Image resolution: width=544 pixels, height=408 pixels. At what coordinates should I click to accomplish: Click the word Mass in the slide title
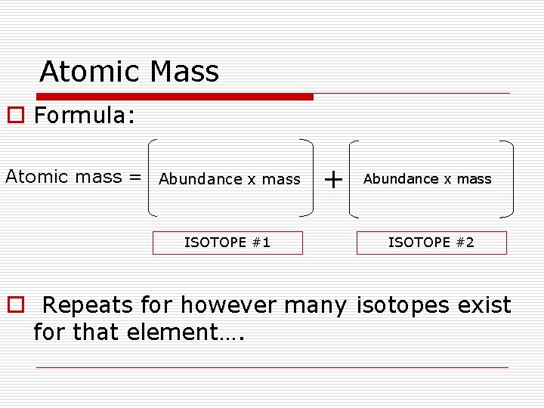click(184, 72)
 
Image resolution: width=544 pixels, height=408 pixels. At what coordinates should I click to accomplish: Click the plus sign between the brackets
click(332, 179)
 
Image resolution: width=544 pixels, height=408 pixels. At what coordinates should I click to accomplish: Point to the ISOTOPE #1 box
click(227, 243)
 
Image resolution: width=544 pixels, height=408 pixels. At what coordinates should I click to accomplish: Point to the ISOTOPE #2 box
click(431, 243)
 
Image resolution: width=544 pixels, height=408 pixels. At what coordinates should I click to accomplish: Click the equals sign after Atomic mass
click(135, 177)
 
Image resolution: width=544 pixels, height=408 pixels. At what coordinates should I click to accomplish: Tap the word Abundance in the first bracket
click(200, 179)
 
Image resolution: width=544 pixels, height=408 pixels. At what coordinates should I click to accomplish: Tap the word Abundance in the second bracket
click(401, 179)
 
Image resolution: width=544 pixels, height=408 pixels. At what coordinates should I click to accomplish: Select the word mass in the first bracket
click(282, 179)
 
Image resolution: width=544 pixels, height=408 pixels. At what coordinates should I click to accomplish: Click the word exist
click(484, 305)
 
